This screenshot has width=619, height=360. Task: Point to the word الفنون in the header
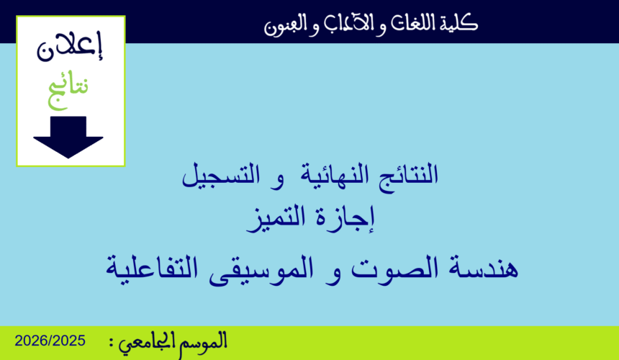click(x=284, y=26)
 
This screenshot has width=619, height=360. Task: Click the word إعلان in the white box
click(x=70, y=48)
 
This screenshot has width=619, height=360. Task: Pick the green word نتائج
click(x=69, y=87)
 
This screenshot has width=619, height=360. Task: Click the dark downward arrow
click(x=69, y=137)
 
